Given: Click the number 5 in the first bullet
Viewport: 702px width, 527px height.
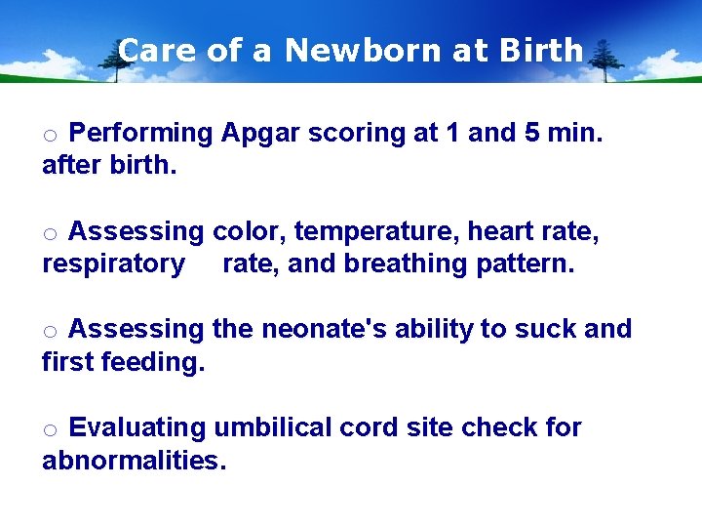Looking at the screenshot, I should (532, 133).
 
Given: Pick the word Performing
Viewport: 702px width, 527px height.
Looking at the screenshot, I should (141, 134).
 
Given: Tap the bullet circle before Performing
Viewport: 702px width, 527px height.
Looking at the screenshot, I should (51, 136).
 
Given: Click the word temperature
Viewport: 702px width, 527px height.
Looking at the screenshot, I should (376, 232).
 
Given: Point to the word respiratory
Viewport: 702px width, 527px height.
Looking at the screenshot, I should (113, 264).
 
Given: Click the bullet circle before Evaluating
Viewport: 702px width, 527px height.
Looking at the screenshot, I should (51, 430).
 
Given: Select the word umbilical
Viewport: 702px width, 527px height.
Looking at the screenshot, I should (272, 427).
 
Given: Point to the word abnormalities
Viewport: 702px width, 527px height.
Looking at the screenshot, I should (134, 460).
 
